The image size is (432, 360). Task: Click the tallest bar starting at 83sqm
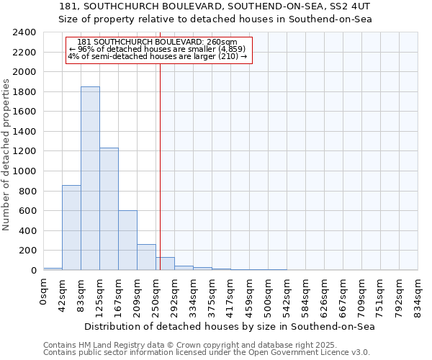click(x=90, y=179)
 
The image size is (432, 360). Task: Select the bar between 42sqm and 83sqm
click(x=71, y=228)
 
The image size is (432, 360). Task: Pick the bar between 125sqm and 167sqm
click(x=109, y=209)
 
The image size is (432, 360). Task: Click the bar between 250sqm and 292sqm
click(x=165, y=264)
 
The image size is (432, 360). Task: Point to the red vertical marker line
click(x=160, y=158)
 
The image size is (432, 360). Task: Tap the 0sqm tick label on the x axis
click(x=44, y=292)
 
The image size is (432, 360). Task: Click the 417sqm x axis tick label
click(x=231, y=294)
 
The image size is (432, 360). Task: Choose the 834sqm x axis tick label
click(x=418, y=294)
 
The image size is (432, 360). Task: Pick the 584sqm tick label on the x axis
click(x=306, y=294)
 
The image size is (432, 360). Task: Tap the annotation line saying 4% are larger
click(x=158, y=56)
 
